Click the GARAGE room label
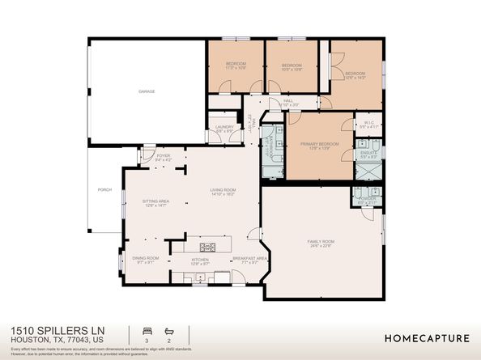point(147,91)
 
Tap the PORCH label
point(104,191)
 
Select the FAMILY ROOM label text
point(321,243)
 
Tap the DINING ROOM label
point(146,259)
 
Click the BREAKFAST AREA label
point(245,260)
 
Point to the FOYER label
point(164,157)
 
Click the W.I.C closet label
point(368,125)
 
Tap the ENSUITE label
point(367,154)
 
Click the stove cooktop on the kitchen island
point(207,247)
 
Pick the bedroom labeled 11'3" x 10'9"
point(236,66)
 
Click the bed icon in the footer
point(147,332)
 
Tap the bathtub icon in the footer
point(168,332)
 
